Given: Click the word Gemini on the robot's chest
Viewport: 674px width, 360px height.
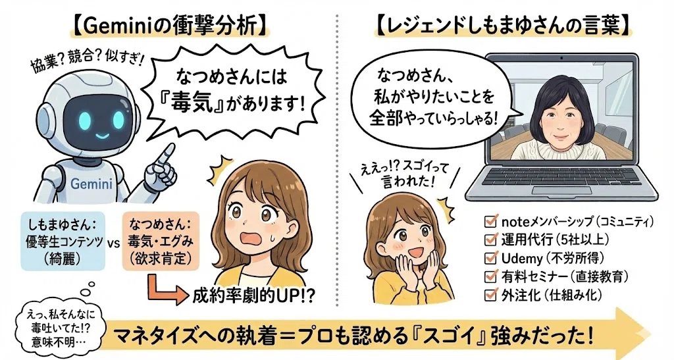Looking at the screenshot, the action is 91,184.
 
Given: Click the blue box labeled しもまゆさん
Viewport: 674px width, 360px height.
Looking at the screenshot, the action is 63,241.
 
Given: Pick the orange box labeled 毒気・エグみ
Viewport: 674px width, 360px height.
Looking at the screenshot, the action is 161,241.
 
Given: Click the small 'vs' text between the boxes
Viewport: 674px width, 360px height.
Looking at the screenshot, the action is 113,243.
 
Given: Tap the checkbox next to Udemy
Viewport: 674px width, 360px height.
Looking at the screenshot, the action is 490,258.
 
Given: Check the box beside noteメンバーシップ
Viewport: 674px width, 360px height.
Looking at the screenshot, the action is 490,221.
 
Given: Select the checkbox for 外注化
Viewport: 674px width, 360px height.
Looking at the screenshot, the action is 490,295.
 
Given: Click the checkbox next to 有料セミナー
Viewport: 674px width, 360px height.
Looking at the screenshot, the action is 490,276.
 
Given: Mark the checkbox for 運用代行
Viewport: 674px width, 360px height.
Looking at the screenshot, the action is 490,240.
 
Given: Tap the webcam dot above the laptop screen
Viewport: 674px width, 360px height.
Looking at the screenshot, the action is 561,57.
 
